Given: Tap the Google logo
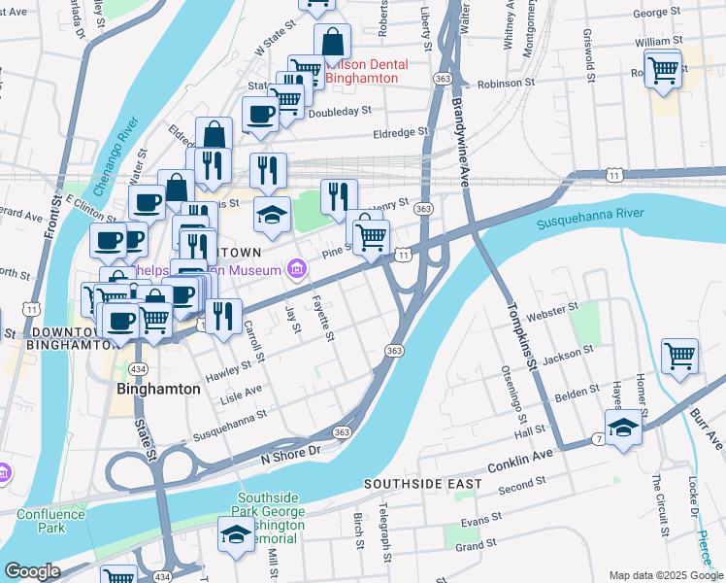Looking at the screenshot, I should pyautogui.click(x=32, y=571).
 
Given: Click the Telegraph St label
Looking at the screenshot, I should pyautogui.click(x=385, y=525).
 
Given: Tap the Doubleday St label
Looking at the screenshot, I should pyautogui.click(x=340, y=113).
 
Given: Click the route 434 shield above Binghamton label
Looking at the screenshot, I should pyautogui.click(x=140, y=370).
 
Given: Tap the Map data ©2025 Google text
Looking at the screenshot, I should pyautogui.click(x=665, y=575).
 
